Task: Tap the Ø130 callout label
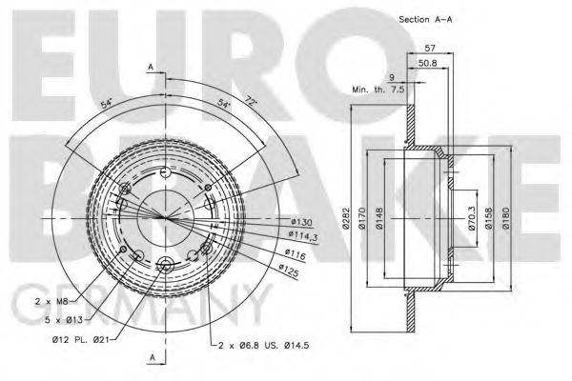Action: pyautogui.click(x=301, y=222)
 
